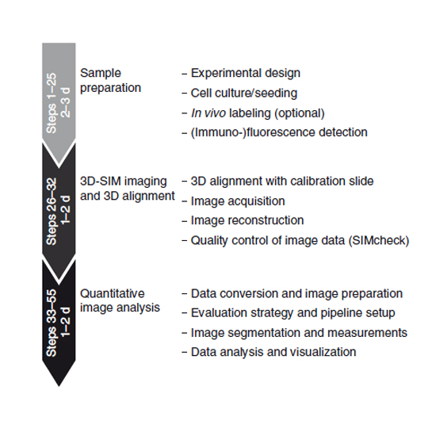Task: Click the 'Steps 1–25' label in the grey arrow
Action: pyautogui.click(x=52, y=103)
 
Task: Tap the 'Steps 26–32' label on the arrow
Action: pyautogui.click(x=52, y=212)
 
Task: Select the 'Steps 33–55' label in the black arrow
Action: pyautogui.click(x=52, y=323)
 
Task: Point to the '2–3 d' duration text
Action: pyautogui.click(x=66, y=102)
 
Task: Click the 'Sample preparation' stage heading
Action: pyautogui.click(x=111, y=81)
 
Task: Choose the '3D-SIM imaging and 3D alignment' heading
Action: pyautogui.click(x=128, y=189)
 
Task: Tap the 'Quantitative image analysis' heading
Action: pyautogui.click(x=120, y=300)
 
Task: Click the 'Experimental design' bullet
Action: pyautogui.click(x=246, y=73)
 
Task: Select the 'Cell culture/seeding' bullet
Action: pyautogui.click(x=244, y=94)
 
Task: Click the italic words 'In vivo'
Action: pyautogui.click(x=208, y=113)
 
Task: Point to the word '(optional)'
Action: pyautogui.click(x=300, y=113)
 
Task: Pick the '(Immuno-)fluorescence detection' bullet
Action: pyautogui.click(x=279, y=132)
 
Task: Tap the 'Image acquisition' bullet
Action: pyautogui.click(x=238, y=201)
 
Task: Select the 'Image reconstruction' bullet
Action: pyautogui.click(x=247, y=220)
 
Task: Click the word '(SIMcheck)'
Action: pyautogui.click(x=379, y=240)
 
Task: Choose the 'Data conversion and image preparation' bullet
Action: pyautogui.click(x=296, y=293)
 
